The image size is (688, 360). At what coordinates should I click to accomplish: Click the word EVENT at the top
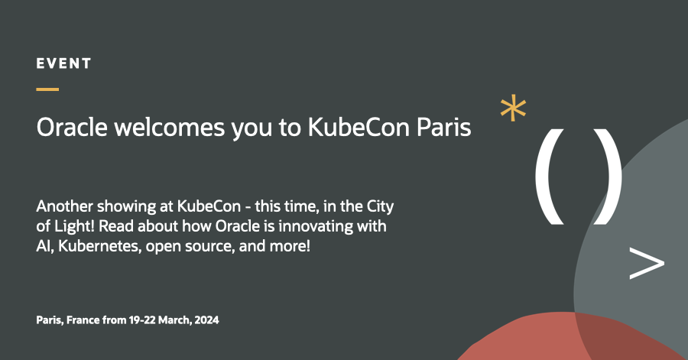click(63, 64)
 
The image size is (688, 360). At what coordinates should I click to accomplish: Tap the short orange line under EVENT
click(47, 89)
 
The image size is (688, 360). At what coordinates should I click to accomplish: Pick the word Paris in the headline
click(443, 128)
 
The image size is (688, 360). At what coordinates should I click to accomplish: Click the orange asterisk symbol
click(513, 109)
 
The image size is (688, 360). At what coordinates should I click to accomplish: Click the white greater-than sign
click(646, 263)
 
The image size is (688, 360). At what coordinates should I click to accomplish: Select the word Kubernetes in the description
click(86, 248)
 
